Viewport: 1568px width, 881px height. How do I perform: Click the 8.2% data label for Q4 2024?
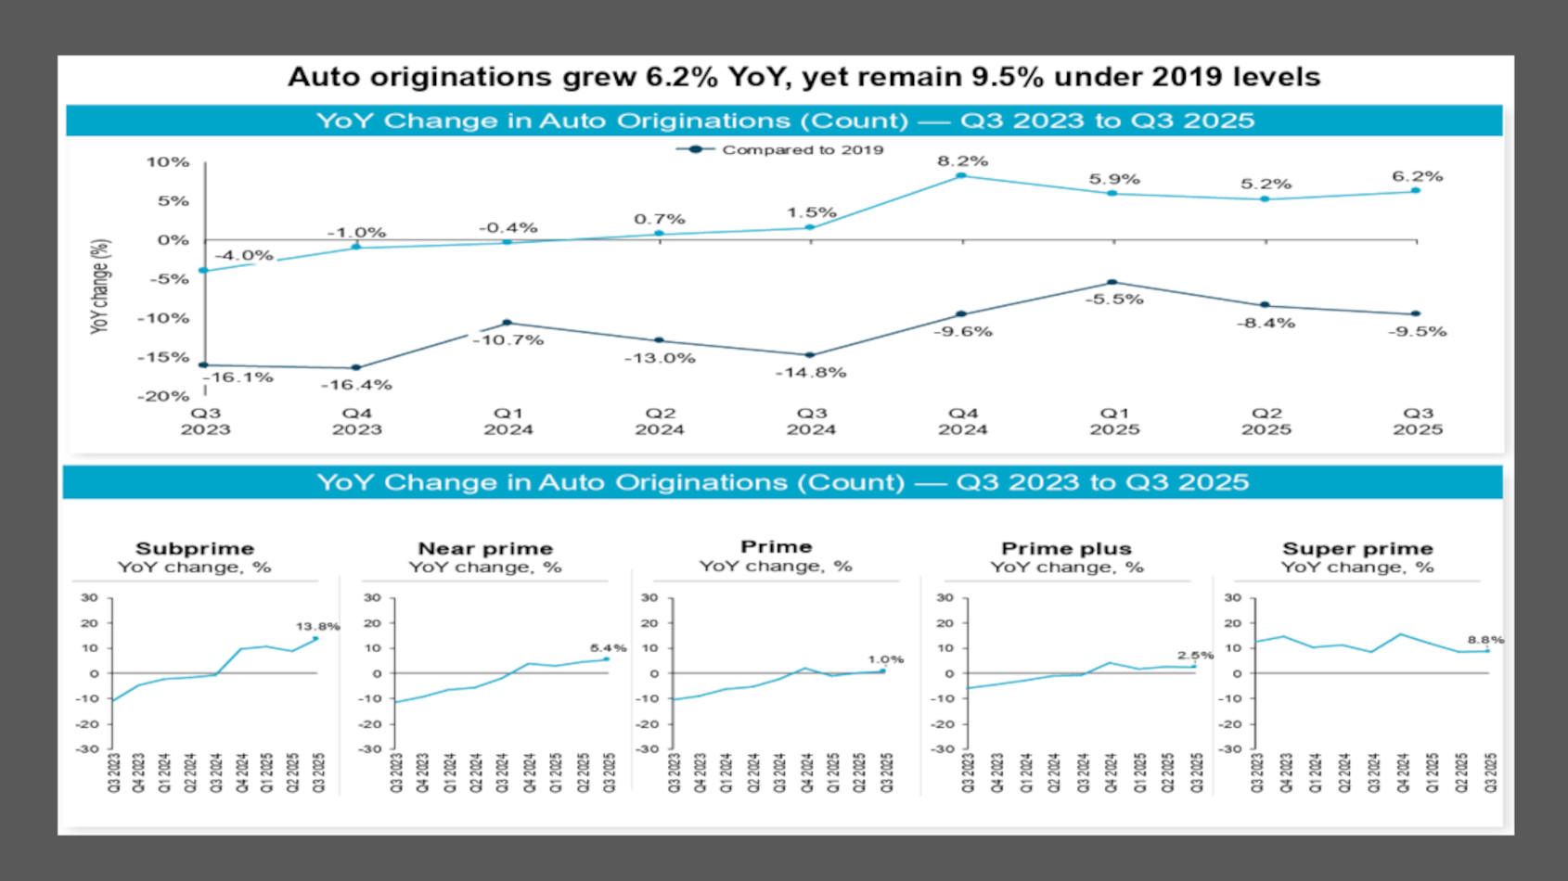point(962,161)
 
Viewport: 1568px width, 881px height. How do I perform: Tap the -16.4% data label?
point(356,385)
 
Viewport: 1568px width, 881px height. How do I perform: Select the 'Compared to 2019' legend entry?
point(802,149)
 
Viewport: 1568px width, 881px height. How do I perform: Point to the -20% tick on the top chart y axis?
point(163,396)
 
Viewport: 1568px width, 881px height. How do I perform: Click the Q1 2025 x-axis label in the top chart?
point(1114,421)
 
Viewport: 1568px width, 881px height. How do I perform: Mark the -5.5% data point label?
point(1114,300)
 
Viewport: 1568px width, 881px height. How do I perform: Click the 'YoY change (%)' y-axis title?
point(100,287)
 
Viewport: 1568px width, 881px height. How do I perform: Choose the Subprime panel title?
point(195,548)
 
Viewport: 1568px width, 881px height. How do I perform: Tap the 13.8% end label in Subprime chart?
point(317,627)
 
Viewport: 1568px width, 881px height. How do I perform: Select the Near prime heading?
point(485,548)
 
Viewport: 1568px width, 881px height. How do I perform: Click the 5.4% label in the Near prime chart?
point(608,648)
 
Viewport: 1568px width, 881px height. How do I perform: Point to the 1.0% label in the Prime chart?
point(885,659)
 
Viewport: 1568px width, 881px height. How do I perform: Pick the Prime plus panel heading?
point(1066,548)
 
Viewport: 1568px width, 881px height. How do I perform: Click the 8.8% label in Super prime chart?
point(1484,640)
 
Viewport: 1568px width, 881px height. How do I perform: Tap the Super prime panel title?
point(1357,548)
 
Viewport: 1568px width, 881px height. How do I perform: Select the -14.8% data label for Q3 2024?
point(811,373)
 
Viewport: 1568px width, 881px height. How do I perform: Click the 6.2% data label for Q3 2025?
point(1417,176)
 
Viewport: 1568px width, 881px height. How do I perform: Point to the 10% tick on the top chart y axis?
point(167,162)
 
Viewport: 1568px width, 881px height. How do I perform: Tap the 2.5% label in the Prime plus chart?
point(1195,656)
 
